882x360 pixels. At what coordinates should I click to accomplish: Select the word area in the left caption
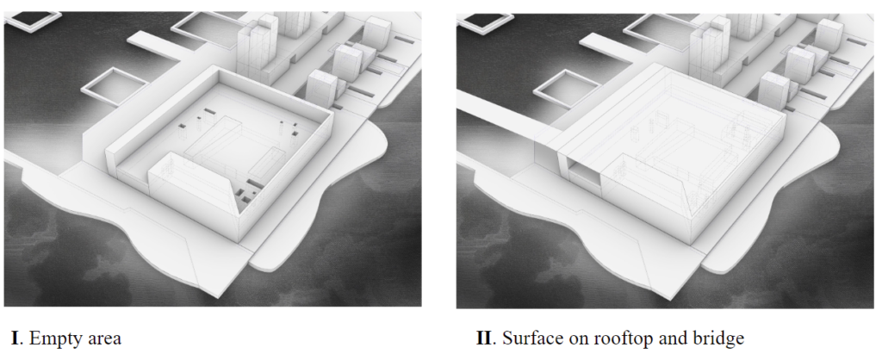tap(102, 338)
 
